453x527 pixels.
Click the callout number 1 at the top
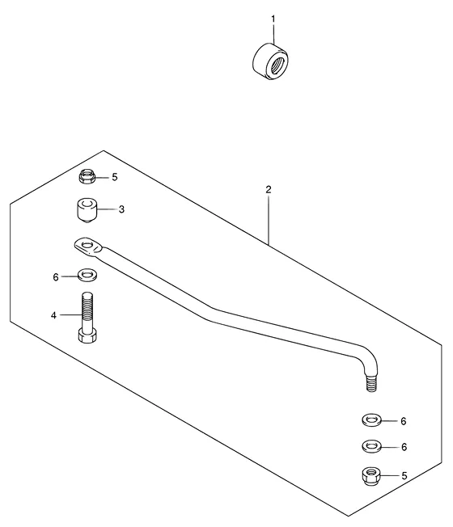pos(273,19)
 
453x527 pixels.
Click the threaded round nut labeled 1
pos(270,62)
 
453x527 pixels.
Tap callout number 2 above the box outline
pos(268,190)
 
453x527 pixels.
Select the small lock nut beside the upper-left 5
pos(87,176)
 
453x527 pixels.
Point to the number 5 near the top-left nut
pos(115,177)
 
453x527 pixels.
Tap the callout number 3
pos(121,209)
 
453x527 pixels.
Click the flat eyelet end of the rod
pos(88,246)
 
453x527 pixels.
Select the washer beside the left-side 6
pos(87,275)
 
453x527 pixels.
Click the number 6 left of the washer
pos(56,277)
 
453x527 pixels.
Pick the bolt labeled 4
pos(87,318)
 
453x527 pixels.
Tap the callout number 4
pos(53,315)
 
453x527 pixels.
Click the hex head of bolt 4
pos(87,335)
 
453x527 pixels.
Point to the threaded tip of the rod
pos(371,383)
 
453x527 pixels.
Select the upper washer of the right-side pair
pos(371,420)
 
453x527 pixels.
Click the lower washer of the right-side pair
pos(371,446)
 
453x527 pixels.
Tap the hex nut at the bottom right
pos(371,475)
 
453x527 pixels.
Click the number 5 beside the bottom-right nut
pos(404,476)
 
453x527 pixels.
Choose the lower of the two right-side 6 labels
pos(404,447)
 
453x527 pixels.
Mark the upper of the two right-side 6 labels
pos(404,421)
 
